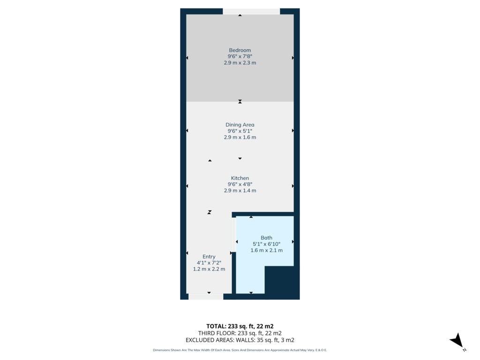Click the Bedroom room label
click(x=240, y=50)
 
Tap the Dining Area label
click(x=240, y=125)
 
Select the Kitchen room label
click(x=240, y=178)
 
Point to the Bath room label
click(x=266, y=238)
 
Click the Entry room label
click(x=209, y=256)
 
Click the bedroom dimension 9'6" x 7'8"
click(x=240, y=56)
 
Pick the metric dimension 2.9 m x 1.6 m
click(x=240, y=137)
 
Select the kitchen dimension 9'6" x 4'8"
click(x=240, y=184)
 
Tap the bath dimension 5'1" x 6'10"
click(x=266, y=244)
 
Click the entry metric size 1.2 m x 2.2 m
click(x=209, y=269)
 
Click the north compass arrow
click(x=457, y=340)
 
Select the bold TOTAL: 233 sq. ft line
click(x=240, y=326)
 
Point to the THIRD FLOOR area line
click(x=240, y=333)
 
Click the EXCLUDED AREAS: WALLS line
click(x=240, y=340)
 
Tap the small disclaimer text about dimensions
click(x=240, y=350)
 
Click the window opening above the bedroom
click(x=251, y=11)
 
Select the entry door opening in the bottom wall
click(x=206, y=296)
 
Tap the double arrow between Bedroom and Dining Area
click(x=240, y=101)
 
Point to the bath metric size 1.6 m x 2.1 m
click(x=266, y=250)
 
